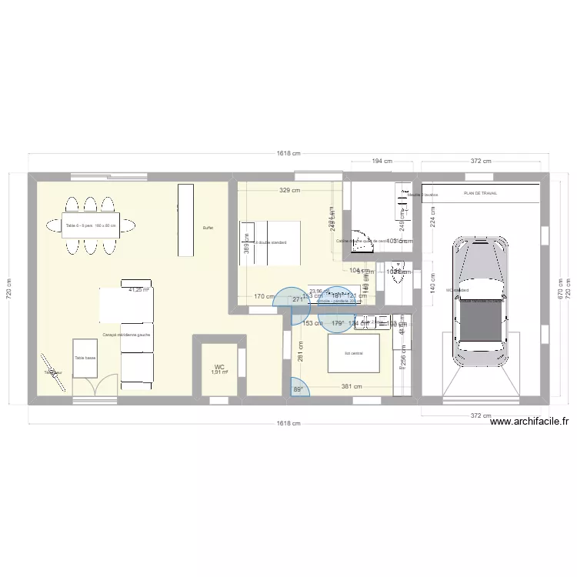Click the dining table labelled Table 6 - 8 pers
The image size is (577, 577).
pos(91,226)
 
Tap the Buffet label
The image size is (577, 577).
pos(208,228)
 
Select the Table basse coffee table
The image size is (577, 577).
pos(85,359)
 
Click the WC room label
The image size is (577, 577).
pos(219,367)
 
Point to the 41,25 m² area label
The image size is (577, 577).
pos(138,290)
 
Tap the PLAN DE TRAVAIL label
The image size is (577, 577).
pos(480,194)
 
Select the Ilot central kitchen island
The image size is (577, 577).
pos(354,352)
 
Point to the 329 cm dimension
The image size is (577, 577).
pos(290,190)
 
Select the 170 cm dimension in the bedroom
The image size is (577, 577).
pos(264,296)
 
